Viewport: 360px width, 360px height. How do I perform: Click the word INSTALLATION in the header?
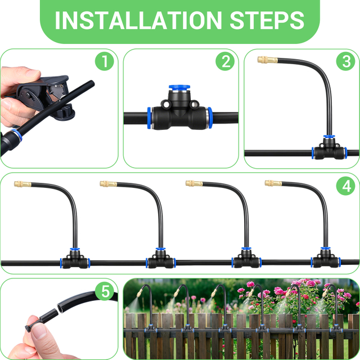point(138,20)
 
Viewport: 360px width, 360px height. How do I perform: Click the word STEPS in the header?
point(267,20)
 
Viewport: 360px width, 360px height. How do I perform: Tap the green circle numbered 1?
point(105,61)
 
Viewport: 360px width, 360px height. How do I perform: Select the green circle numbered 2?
point(225,61)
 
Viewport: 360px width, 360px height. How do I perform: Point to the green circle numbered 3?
point(346,61)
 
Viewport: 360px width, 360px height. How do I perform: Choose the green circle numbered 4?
point(346,186)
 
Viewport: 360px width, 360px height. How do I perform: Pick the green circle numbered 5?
point(105,291)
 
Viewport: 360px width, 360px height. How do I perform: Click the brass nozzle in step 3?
point(268,60)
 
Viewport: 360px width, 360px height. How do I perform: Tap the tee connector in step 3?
point(329,148)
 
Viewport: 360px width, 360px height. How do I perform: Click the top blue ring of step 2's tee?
point(179,87)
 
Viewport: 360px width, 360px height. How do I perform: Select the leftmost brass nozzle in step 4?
point(22,184)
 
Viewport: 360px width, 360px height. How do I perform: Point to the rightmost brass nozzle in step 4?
point(273,183)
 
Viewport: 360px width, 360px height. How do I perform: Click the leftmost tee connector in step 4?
point(75,259)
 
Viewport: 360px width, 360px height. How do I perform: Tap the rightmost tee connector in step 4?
point(326,258)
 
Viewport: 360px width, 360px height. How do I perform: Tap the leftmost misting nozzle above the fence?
point(140,293)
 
